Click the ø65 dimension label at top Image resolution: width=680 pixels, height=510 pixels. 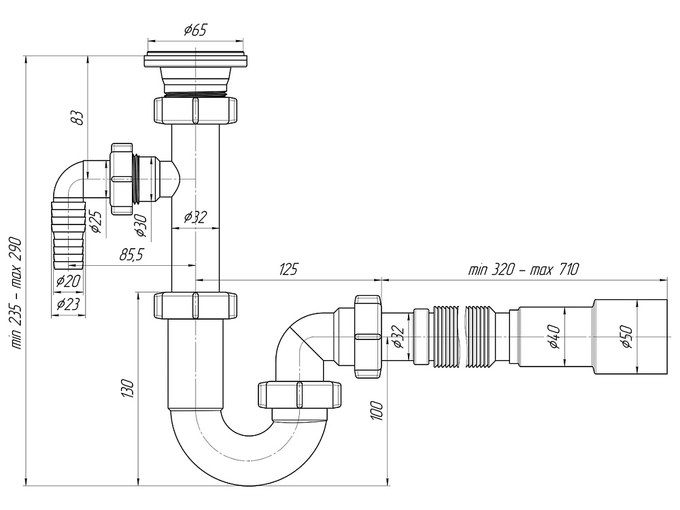194,29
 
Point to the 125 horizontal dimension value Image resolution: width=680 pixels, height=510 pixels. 288,269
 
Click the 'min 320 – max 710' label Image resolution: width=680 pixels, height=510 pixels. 523,269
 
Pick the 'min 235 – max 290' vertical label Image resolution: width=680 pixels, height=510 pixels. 15,293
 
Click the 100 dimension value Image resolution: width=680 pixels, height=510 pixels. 378,411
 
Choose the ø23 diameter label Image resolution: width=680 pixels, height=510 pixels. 67,304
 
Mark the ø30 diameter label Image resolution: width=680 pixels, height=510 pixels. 141,224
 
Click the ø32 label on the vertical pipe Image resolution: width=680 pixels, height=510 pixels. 196,218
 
